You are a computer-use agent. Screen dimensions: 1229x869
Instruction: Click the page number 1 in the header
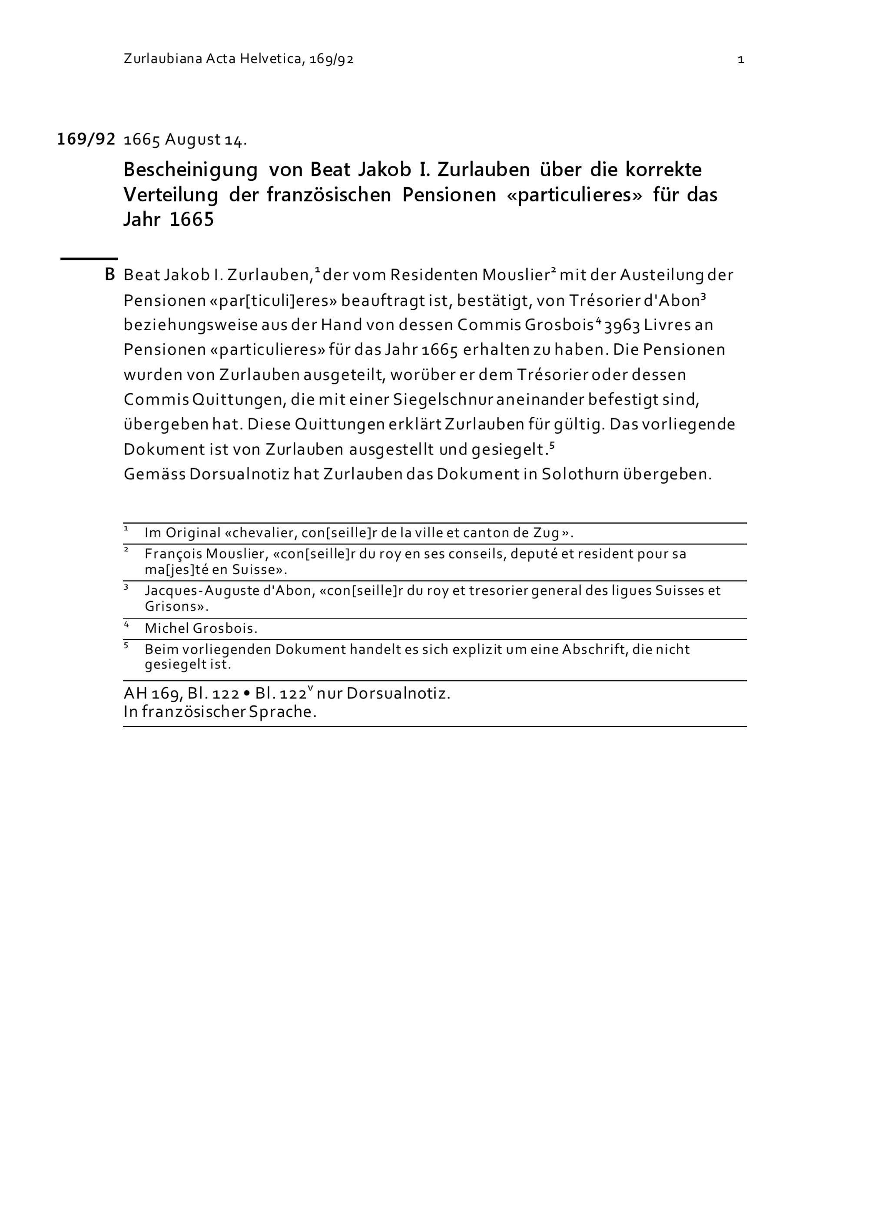click(740, 60)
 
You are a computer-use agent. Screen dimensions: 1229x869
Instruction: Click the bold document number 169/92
click(86, 139)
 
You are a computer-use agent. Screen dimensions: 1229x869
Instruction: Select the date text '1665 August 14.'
click(185, 140)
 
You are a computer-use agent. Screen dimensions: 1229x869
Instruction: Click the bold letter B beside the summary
click(109, 275)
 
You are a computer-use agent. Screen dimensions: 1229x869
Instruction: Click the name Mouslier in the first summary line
click(516, 275)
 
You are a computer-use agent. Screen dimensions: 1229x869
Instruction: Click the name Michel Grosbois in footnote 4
click(201, 628)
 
